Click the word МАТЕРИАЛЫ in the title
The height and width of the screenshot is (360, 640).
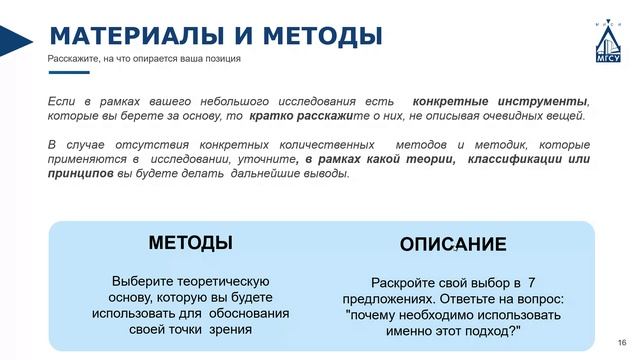point(137,35)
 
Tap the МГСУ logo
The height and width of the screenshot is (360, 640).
point(608,41)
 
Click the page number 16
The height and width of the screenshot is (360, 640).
point(622,342)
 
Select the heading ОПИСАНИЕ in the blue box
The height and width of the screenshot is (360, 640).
point(453,244)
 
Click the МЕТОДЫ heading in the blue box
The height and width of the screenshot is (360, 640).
point(191,242)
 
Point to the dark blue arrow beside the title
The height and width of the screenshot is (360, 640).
point(15,41)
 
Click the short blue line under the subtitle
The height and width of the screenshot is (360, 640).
point(69,72)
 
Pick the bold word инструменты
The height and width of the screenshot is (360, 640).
point(542,101)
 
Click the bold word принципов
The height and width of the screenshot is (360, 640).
point(80,173)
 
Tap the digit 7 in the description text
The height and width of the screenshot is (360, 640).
point(531,282)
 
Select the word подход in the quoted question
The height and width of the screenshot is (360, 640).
point(491,331)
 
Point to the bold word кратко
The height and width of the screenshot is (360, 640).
point(271,116)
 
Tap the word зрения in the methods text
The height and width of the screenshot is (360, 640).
point(230,329)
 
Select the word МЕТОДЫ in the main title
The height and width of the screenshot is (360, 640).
point(322,35)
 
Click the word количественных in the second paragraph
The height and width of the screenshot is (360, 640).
point(327,144)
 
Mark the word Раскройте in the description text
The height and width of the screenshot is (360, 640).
point(399,282)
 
